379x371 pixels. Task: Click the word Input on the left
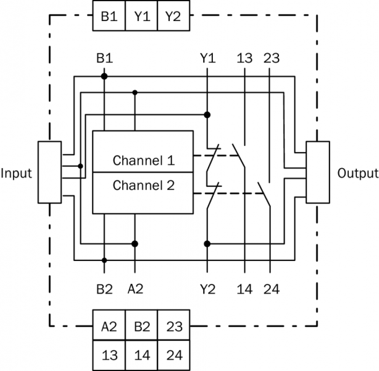[17, 173]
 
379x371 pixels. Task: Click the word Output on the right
[357, 173]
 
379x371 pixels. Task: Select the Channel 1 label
[143, 161]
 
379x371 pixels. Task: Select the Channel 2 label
[143, 185]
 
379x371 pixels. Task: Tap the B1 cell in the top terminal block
[109, 17]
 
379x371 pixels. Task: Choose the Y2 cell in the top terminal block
[173, 17]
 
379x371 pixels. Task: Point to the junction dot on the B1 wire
[104, 76]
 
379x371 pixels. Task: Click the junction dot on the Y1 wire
[207, 114]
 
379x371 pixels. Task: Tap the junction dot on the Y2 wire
[207, 244]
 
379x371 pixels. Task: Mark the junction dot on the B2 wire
[104, 260]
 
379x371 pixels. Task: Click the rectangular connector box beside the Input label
[49, 172]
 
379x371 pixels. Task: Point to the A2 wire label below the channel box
[135, 288]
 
